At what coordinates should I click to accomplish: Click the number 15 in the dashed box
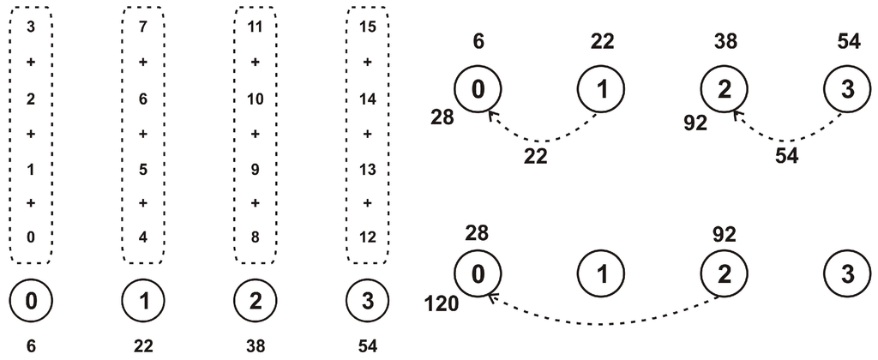pyautogui.click(x=368, y=26)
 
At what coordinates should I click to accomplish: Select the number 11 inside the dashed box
pyautogui.click(x=255, y=26)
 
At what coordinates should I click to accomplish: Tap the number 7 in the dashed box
pyautogui.click(x=143, y=26)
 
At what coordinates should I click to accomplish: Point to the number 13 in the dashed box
pyautogui.click(x=368, y=168)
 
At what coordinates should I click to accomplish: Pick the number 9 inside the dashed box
pyautogui.click(x=255, y=168)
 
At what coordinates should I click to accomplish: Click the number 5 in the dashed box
pyautogui.click(x=143, y=168)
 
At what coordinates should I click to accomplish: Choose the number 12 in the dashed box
pyautogui.click(x=368, y=237)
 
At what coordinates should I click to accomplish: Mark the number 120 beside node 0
pyautogui.click(x=442, y=304)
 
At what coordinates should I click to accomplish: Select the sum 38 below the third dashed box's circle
pyautogui.click(x=255, y=347)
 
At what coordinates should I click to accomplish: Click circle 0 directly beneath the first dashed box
pyautogui.click(x=31, y=302)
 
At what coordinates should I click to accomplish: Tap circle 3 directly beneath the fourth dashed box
pyautogui.click(x=368, y=302)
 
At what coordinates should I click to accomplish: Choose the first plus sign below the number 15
pyautogui.click(x=368, y=62)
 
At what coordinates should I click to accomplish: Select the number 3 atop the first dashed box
pyautogui.click(x=31, y=26)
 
